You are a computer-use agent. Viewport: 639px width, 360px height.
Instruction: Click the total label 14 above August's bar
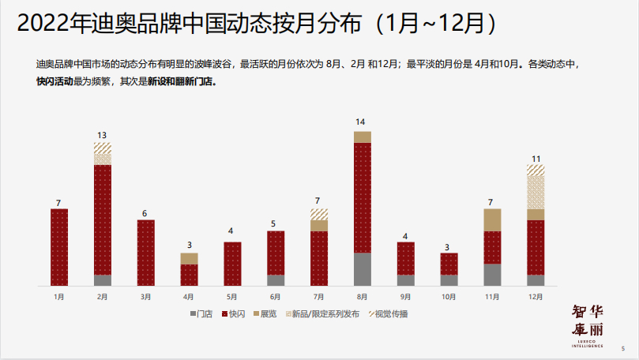click(361, 122)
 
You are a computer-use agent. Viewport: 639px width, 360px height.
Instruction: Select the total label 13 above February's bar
click(103, 134)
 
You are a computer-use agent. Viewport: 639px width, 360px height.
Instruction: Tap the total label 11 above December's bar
click(536, 158)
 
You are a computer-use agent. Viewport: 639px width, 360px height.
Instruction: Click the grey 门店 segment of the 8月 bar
click(362, 269)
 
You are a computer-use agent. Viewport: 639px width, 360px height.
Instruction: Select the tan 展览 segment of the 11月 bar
click(492, 219)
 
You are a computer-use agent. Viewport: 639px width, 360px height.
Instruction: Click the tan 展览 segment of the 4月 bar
click(189, 258)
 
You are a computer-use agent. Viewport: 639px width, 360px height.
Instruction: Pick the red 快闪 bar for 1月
click(59, 247)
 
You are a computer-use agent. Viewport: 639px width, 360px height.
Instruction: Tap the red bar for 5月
click(232, 264)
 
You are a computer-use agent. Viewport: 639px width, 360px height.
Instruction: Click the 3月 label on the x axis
click(145, 297)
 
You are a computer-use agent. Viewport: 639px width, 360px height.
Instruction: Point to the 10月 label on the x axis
click(449, 297)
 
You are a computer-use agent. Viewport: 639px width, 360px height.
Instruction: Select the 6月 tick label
click(276, 297)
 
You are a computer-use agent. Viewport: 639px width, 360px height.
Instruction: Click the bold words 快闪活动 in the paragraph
click(55, 81)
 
